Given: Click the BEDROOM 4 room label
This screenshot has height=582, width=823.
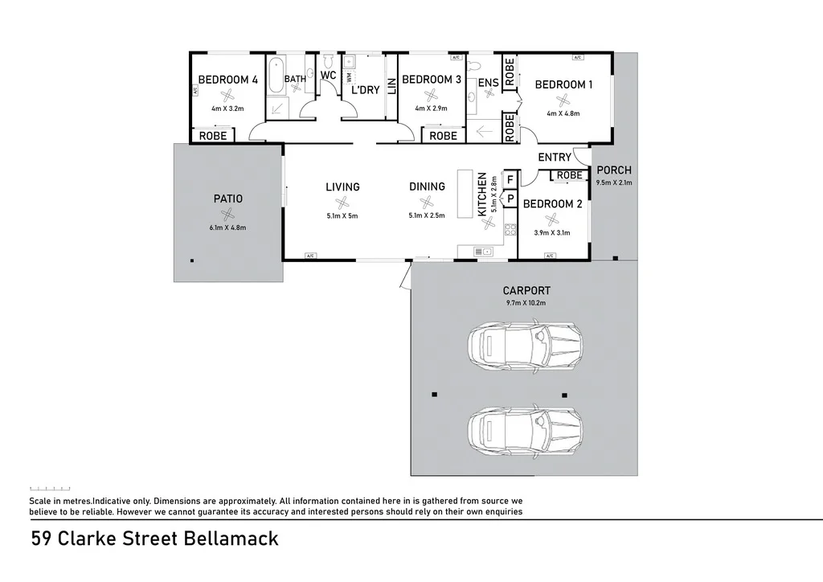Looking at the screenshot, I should tap(227, 80).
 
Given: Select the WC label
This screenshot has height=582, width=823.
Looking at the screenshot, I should tap(328, 75).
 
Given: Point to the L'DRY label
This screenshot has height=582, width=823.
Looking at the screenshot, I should tap(366, 90).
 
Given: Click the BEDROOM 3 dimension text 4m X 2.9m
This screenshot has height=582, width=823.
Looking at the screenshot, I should tap(432, 109).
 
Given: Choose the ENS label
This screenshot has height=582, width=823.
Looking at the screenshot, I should tap(488, 83).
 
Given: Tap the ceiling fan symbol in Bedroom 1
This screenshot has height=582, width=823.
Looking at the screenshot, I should tap(563, 100).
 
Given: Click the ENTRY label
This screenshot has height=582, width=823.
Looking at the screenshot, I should tap(555, 158).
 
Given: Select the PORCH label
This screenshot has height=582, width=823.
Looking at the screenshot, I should tap(614, 170).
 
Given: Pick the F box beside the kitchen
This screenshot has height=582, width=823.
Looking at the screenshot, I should tap(510, 179).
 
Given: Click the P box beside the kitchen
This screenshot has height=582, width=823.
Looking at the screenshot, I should tap(510, 198).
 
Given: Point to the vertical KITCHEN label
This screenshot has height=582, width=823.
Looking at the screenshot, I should tap(482, 194).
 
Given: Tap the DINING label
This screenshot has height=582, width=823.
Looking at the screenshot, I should tap(427, 186).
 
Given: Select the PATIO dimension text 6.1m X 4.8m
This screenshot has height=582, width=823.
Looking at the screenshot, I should tap(227, 227).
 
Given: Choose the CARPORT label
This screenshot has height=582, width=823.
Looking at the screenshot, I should tap(526, 291).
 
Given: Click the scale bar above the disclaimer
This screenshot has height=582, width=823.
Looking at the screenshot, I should tap(50, 488).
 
